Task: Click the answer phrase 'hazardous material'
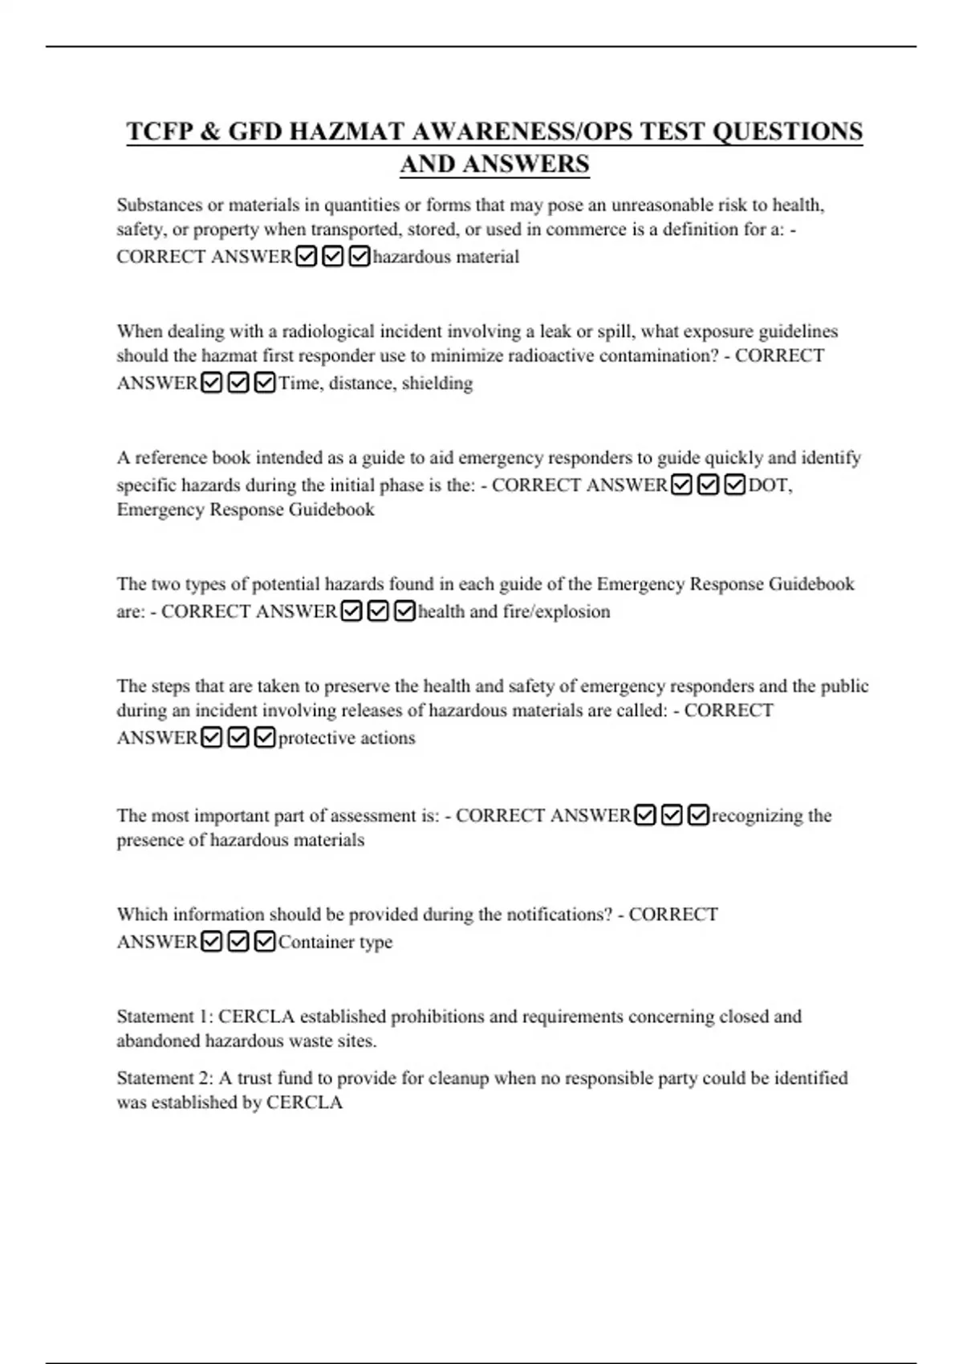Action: (x=445, y=257)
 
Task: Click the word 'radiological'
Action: (x=328, y=331)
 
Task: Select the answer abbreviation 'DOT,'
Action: (x=770, y=485)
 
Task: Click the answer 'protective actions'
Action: (x=347, y=738)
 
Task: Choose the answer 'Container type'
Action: (x=335, y=942)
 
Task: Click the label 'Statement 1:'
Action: (x=165, y=1017)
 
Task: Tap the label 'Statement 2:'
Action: (x=165, y=1078)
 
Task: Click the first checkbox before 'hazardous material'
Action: (x=306, y=257)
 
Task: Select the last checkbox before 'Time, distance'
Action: (x=264, y=383)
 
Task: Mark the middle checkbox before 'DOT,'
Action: (x=707, y=485)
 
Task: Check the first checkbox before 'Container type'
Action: (x=212, y=941)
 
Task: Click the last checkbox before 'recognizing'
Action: (x=698, y=815)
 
